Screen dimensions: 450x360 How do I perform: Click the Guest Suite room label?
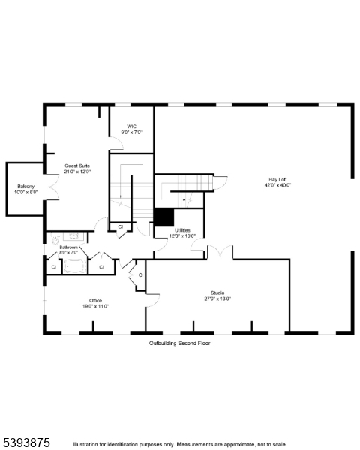[77, 166]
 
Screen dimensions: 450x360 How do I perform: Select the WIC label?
[131, 127]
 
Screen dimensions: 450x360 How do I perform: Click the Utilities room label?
[182, 230]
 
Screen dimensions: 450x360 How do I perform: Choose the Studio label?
[217, 292]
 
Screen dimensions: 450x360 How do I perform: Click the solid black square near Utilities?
[163, 216]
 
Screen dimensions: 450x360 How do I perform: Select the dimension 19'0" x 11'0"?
[95, 306]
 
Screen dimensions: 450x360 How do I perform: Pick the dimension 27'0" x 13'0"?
[217, 298]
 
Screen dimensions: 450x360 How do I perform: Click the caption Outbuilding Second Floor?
[179, 343]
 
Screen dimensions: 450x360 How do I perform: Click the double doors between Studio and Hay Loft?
[219, 253]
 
